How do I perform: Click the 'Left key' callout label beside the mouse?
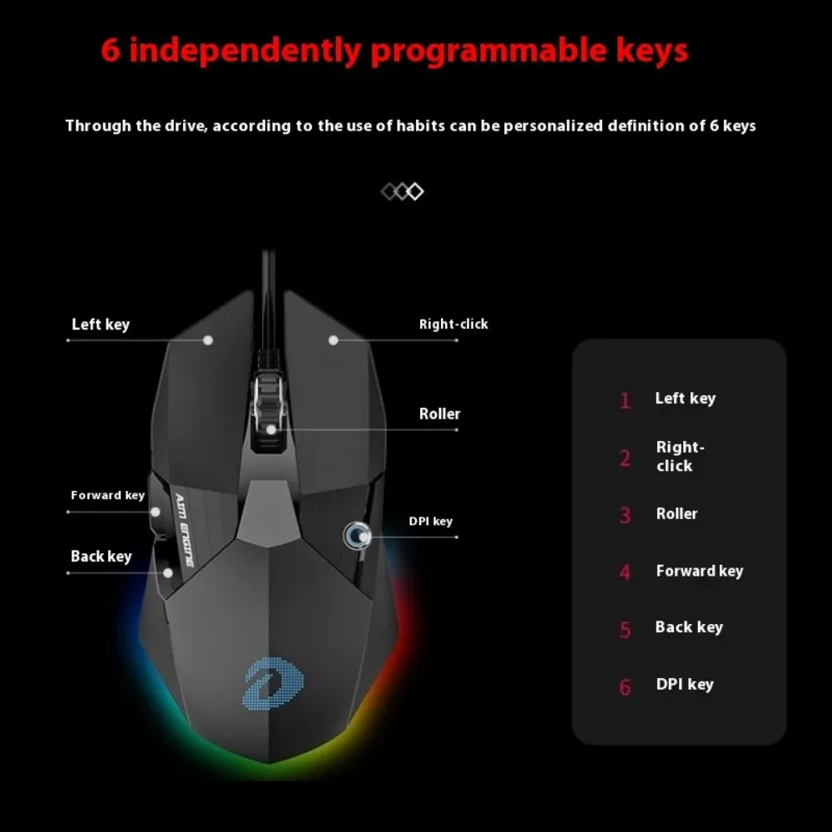[101, 324]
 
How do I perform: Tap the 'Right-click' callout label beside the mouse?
[453, 324]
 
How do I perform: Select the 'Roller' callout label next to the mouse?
[440, 414]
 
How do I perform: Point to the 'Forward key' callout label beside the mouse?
[107, 496]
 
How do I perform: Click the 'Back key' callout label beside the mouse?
[102, 557]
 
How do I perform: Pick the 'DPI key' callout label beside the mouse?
[431, 522]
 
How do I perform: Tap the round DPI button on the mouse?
[357, 535]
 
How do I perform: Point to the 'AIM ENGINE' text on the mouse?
[185, 529]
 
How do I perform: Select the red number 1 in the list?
[626, 401]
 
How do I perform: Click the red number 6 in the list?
[626, 687]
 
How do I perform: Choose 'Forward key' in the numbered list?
[700, 571]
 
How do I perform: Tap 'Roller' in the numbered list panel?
[677, 513]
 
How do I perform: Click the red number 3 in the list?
[626, 515]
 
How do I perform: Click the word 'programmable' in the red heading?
[488, 52]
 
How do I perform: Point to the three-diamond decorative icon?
[403, 191]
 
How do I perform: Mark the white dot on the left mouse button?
[208, 340]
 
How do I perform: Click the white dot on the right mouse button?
[334, 340]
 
